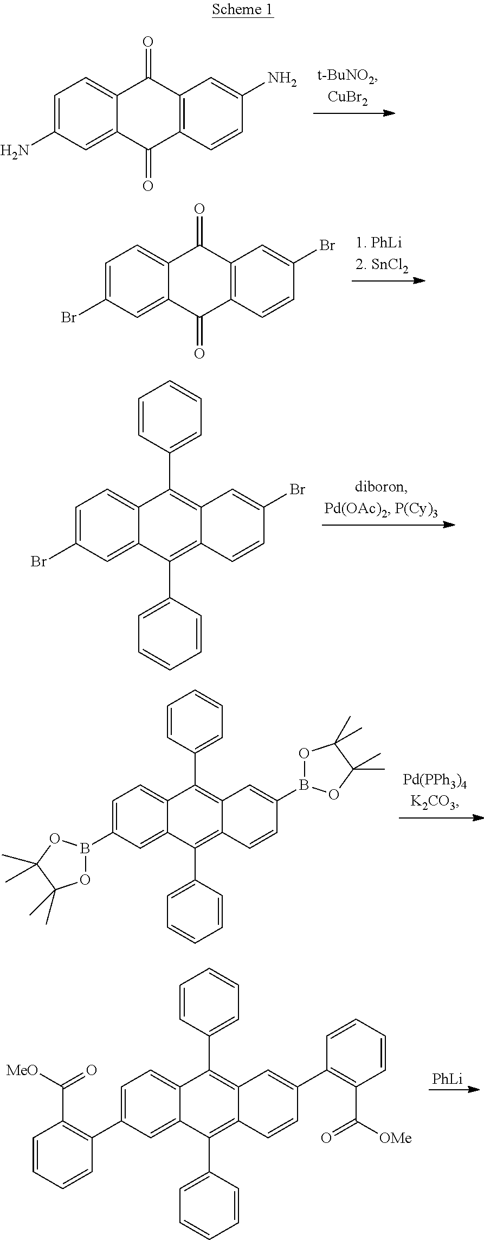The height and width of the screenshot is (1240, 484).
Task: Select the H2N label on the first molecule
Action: pyautogui.click(x=15, y=150)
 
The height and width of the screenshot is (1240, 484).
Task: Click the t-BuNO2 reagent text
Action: pyautogui.click(x=347, y=77)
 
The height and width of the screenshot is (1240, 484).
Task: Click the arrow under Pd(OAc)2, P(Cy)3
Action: pyautogui.click(x=388, y=525)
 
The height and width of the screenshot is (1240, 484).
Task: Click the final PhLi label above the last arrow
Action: pyautogui.click(x=447, y=1079)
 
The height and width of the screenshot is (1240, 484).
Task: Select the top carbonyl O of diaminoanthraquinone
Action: pyautogui.click(x=147, y=42)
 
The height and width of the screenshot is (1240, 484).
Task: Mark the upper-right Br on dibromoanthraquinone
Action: pyautogui.click(x=327, y=246)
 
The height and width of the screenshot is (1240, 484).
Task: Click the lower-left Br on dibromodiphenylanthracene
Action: pyautogui.click(x=38, y=561)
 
